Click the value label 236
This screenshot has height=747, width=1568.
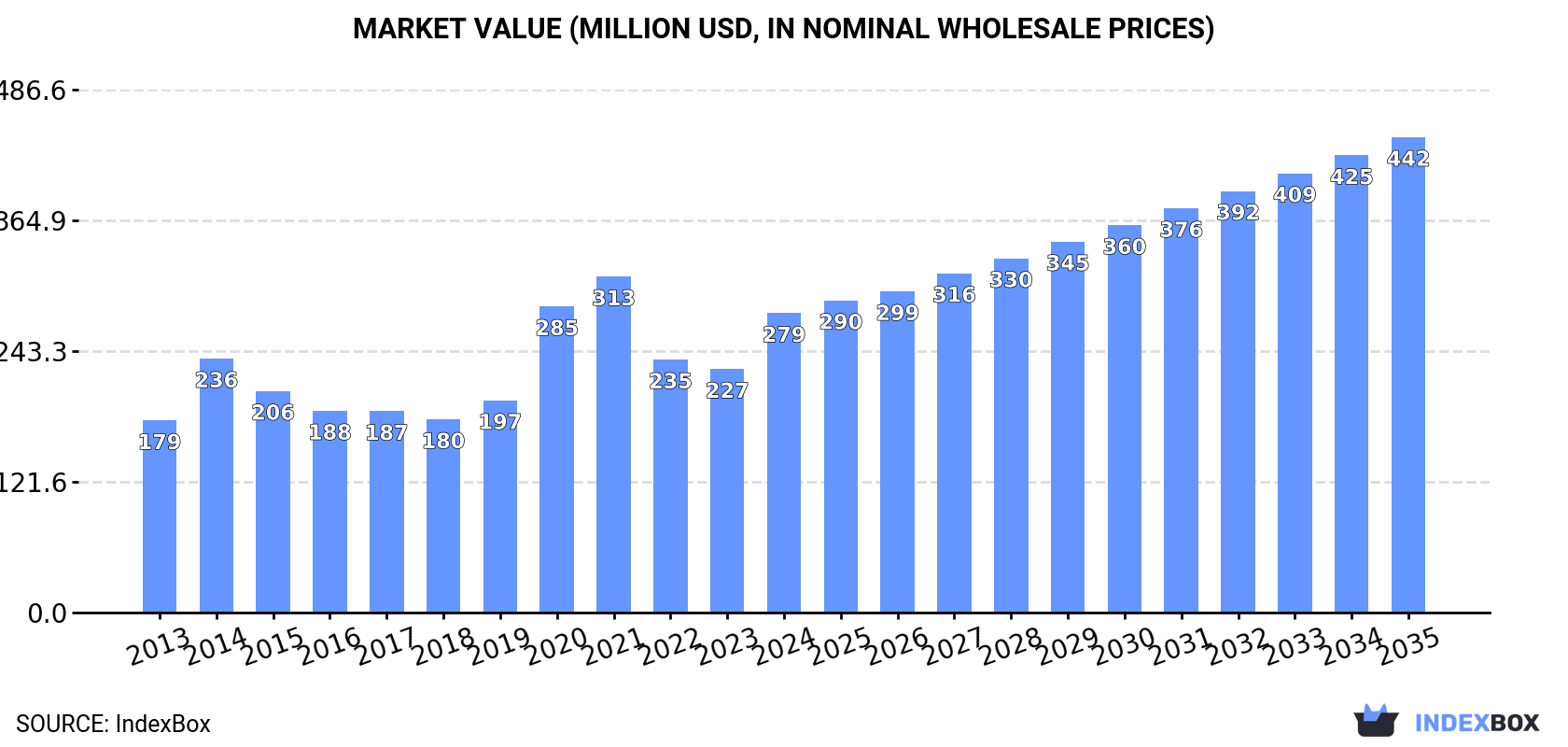[x=217, y=380]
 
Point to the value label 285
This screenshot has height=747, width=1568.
[x=557, y=328]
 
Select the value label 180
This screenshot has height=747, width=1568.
[x=443, y=441]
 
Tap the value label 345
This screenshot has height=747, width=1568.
[x=1068, y=263]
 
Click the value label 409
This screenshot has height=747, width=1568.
[x=1295, y=195]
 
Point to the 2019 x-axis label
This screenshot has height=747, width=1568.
[x=499, y=645]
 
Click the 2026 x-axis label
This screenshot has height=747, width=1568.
[x=897, y=645]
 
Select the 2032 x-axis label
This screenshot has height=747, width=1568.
[x=1238, y=645]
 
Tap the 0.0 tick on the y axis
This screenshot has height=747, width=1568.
[x=47, y=613]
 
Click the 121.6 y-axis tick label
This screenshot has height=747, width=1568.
[x=34, y=483]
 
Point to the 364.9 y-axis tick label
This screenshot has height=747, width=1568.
[x=34, y=221]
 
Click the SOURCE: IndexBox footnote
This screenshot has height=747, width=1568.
[x=113, y=724]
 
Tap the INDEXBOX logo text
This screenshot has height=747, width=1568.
[x=1477, y=723]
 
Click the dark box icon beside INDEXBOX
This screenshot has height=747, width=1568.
[x=1376, y=721]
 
